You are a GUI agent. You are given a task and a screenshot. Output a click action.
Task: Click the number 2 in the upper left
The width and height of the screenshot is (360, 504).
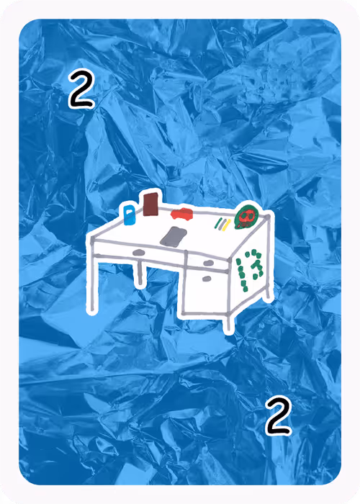tap(81, 89)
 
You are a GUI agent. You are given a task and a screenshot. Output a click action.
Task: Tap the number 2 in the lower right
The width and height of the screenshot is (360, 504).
tap(279, 415)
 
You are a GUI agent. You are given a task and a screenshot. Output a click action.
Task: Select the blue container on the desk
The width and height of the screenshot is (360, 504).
tap(130, 215)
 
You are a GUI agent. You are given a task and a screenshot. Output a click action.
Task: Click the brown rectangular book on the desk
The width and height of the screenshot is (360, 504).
tap(150, 204)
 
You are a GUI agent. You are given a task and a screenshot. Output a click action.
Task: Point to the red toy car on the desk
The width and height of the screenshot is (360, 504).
tap(182, 214)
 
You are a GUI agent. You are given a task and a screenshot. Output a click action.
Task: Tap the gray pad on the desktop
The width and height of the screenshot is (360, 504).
tap(174, 237)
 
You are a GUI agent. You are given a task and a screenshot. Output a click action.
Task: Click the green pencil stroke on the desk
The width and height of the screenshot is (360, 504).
tap(218, 222)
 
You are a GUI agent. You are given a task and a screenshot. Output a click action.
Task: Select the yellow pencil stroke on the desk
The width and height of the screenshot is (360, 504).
tap(227, 225)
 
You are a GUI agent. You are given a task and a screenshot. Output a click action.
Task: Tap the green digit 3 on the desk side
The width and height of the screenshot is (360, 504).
tap(256, 264)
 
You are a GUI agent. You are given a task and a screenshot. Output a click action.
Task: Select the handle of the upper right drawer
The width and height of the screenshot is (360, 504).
tap(209, 263)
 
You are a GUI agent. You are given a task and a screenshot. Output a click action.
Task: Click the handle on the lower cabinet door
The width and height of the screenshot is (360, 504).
tap(207, 279)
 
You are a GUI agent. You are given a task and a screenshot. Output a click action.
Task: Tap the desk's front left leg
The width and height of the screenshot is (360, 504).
tap(93, 283)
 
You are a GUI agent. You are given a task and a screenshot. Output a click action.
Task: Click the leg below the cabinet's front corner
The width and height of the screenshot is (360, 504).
tap(228, 323)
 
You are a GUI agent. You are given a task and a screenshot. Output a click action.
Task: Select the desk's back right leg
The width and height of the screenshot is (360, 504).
tap(267, 292)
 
